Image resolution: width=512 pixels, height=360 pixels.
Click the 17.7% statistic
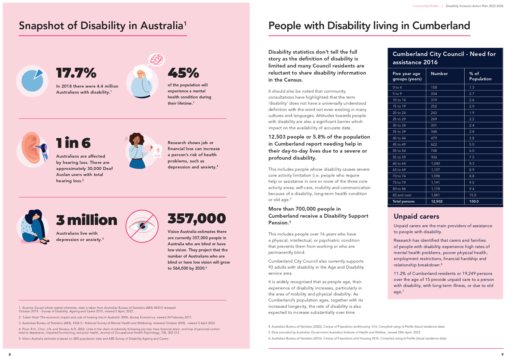76,73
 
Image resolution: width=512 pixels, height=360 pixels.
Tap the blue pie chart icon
32,80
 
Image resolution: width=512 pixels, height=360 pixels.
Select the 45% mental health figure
183,73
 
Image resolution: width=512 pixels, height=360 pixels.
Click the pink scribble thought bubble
157,59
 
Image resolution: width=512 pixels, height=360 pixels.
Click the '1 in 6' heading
73,143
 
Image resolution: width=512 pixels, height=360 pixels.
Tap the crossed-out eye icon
142,226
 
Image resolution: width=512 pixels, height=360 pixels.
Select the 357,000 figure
197,218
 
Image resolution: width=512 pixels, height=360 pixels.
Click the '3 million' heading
87,220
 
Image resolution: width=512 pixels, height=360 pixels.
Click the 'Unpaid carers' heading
416,216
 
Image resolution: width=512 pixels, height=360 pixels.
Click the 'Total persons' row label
403,201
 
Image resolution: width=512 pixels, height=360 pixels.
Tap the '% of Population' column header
480,76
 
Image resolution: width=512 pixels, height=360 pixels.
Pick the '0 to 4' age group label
397,87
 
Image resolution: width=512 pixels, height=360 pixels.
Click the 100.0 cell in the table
474,201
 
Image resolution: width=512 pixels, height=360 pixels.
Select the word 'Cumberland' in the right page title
441,25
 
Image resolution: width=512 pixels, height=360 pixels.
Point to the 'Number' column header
439,74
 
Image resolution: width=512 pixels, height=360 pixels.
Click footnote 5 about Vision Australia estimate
94,339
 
